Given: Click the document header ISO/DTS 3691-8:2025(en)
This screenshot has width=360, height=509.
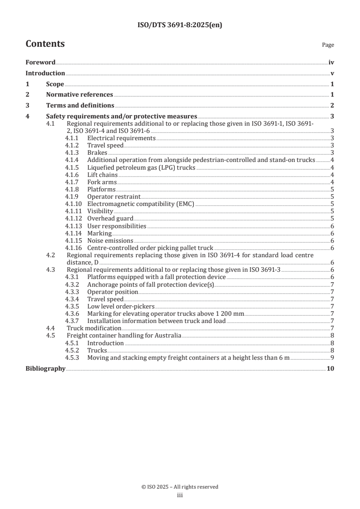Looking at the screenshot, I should coord(180,25).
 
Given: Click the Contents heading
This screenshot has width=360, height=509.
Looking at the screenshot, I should coord(45,44).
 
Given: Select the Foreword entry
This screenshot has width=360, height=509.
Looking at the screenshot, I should coord(40,63).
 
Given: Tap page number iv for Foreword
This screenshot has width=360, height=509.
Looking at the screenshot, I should coord(331,63).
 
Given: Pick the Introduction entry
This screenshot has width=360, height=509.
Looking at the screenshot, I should coord(45,73).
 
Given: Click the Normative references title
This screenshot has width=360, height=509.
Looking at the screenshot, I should coord(79,95).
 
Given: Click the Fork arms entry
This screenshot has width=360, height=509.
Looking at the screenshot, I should coord(102,182).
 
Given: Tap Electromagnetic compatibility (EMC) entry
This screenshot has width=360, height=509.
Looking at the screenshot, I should coord(140,204).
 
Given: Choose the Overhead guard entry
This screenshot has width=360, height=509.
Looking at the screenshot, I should coord(110,219).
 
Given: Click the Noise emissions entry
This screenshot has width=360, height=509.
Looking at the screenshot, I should coord(110,240).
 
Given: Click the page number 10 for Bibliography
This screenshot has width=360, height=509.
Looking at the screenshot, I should coord(330,369).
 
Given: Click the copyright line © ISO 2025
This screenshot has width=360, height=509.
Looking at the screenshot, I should coord(180,487).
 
